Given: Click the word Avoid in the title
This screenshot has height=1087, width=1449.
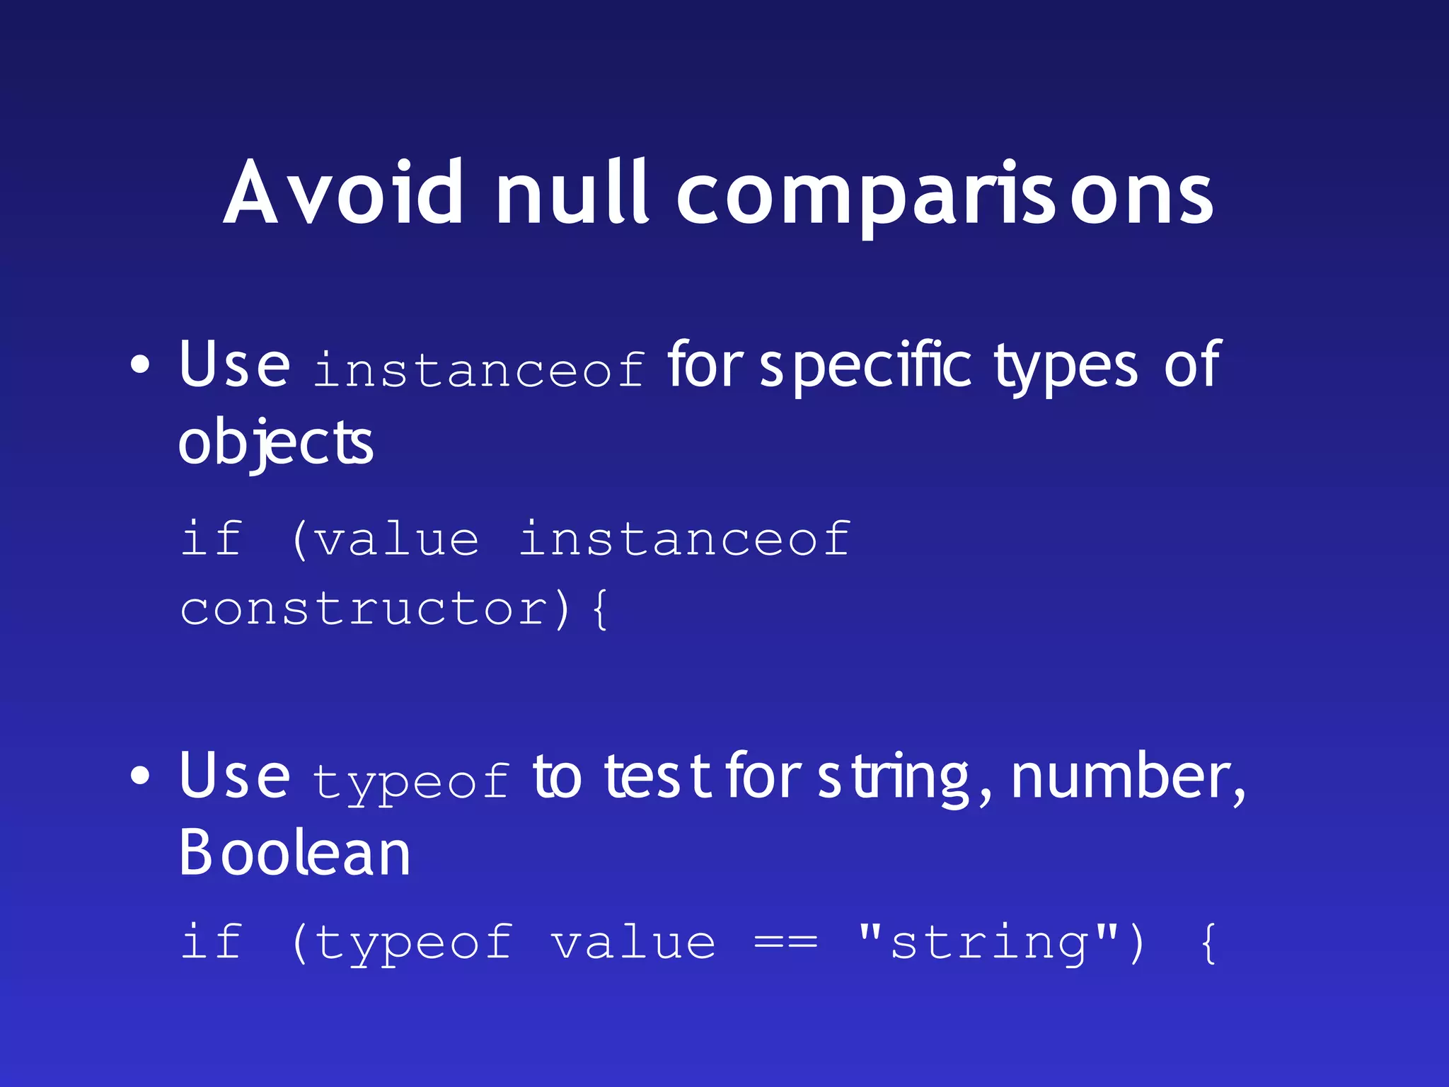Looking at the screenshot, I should (344, 192).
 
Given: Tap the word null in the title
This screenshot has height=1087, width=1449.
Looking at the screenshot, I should (572, 192).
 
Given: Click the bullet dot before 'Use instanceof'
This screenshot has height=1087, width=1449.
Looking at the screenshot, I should (140, 365).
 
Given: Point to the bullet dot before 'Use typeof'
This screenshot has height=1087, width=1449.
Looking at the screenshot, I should (140, 776).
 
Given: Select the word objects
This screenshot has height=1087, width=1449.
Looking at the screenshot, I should (275, 443).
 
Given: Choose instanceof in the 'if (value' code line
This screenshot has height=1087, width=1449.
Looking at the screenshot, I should (683, 539).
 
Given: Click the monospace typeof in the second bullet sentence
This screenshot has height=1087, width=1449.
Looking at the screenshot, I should (410, 781).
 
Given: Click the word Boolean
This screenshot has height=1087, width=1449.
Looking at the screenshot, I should (294, 853).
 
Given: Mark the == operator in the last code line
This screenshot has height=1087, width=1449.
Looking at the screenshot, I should (785, 943).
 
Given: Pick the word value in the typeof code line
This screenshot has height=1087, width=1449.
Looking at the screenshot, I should (633, 943).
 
